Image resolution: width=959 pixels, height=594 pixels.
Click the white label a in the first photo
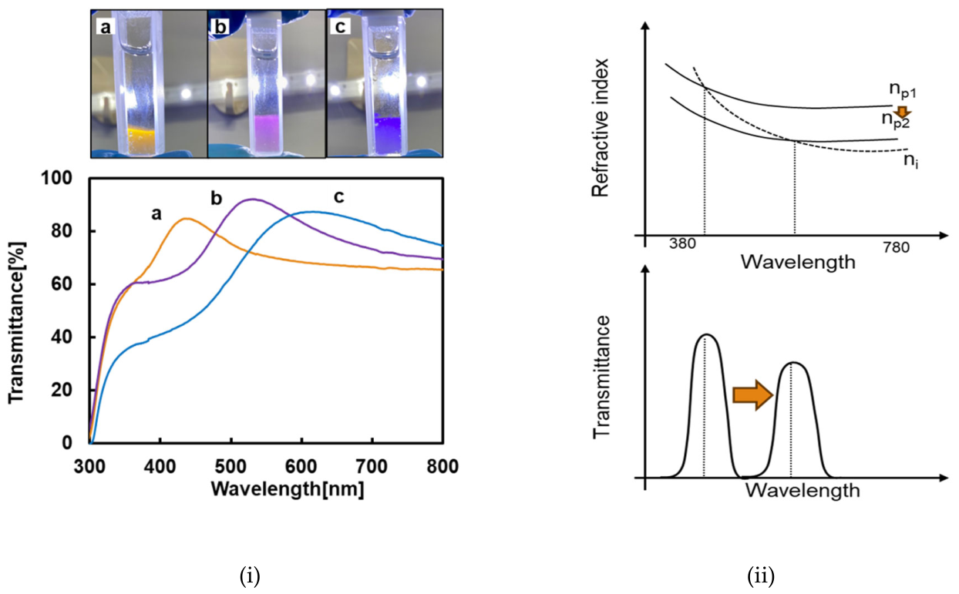pyautogui.click(x=105, y=28)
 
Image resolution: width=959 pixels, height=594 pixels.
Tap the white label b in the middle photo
pyautogui.click(x=220, y=28)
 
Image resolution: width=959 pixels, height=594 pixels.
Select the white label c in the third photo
pyautogui.click(x=340, y=27)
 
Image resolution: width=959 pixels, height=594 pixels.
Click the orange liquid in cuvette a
pyautogui.click(x=140, y=140)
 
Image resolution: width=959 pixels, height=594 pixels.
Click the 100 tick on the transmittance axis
pyautogui.click(x=56, y=178)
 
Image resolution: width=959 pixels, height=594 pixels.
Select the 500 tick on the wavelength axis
pyautogui.click(x=230, y=466)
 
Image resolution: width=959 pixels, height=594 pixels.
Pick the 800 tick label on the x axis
pyautogui.click(x=442, y=466)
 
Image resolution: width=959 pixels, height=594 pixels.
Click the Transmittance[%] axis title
pyautogui.click(x=16, y=322)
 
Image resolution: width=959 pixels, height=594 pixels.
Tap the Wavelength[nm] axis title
pyautogui.click(x=288, y=489)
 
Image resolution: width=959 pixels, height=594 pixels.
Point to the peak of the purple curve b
pyautogui.click(x=254, y=199)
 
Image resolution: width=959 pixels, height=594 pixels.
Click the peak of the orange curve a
pyautogui.click(x=187, y=219)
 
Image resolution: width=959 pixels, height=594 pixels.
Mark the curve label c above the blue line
pyautogui.click(x=338, y=196)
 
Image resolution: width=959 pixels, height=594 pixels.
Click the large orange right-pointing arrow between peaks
pyautogui.click(x=752, y=394)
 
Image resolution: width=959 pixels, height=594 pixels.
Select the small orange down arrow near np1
pyautogui.click(x=903, y=112)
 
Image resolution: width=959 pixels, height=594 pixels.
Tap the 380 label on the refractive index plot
pyautogui.click(x=682, y=244)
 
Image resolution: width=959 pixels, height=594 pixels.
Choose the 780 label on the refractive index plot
pyautogui.click(x=896, y=247)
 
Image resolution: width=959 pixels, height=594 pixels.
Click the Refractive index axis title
pyautogui.click(x=600, y=128)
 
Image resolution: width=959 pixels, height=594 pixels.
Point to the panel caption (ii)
pyautogui.click(x=761, y=576)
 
